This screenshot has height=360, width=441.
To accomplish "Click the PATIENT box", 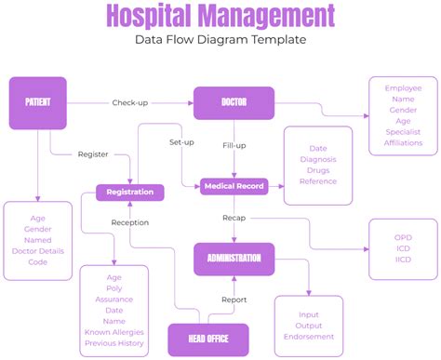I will click(x=38, y=102).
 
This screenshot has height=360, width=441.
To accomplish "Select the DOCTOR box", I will click(x=234, y=102).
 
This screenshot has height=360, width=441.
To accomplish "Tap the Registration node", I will click(x=130, y=193).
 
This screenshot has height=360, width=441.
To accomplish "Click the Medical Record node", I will click(x=234, y=186).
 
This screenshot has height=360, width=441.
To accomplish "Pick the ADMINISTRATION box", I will click(x=234, y=259).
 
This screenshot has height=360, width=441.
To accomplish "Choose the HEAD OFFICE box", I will click(x=210, y=339).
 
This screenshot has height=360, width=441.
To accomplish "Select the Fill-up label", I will click(x=234, y=145).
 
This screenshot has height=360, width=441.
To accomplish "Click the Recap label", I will click(x=234, y=218).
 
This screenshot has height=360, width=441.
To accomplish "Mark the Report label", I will click(x=234, y=300).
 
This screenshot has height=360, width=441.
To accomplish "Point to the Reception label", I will click(x=130, y=222).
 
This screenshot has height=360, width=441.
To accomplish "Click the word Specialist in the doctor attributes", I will click(x=404, y=132).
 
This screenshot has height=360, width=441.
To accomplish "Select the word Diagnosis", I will click(x=318, y=159).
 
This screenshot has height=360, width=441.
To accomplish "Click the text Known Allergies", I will click(x=114, y=331).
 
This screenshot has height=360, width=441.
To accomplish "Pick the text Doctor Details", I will click(x=38, y=251).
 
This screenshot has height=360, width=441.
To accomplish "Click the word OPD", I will click(x=403, y=237).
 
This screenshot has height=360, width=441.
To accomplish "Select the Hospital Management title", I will click(x=220, y=16).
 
